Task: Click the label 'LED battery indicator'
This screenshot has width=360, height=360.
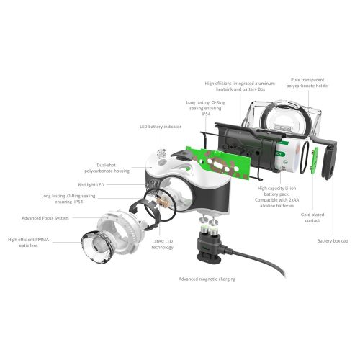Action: pos(159,127)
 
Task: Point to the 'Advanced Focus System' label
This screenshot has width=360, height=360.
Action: pos(50,217)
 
